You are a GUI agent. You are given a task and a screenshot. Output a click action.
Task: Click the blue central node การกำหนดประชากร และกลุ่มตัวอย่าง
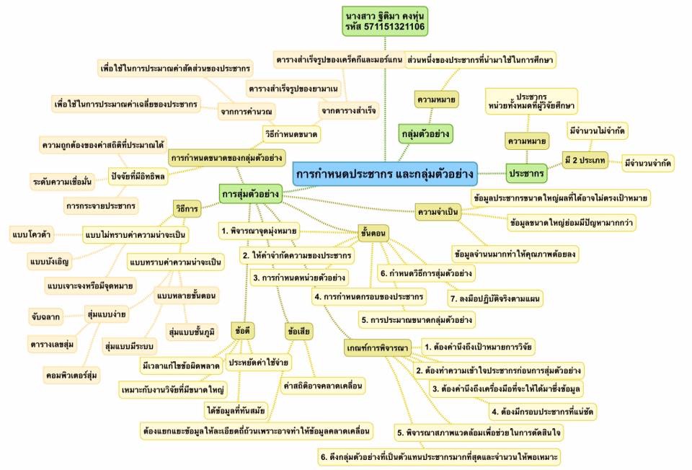pos(385,174)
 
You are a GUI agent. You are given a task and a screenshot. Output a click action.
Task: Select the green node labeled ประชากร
pos(526,174)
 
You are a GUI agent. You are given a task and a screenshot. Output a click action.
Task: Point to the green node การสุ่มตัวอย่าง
pos(250,194)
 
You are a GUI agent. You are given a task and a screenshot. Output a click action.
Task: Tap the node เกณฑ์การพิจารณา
pos(377,349)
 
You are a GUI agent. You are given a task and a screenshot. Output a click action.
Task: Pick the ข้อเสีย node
pos(298,332)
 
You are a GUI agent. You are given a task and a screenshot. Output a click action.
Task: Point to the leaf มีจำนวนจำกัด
pos(650,164)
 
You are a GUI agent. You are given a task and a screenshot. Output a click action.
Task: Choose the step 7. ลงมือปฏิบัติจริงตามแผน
pos(495,297)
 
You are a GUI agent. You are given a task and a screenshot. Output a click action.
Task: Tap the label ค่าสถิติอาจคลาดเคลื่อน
pos(323,386)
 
